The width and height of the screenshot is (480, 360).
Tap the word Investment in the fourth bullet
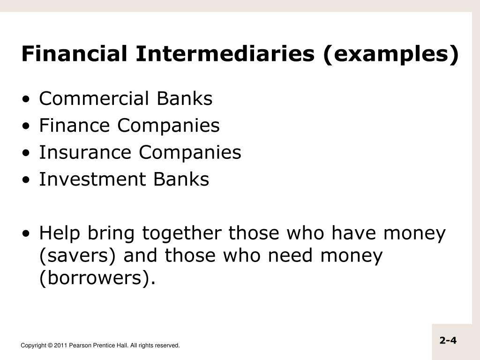tap(91, 179)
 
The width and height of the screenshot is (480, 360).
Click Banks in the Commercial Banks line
tap(184, 99)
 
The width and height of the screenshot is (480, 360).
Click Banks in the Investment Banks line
tap(181, 179)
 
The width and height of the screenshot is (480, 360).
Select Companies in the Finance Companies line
tap(168, 126)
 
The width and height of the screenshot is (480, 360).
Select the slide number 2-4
tap(448, 340)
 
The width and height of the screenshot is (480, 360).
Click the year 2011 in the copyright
tap(60, 345)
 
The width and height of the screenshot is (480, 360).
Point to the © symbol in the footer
tap(50, 345)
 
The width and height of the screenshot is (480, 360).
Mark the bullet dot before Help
tap(30, 233)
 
